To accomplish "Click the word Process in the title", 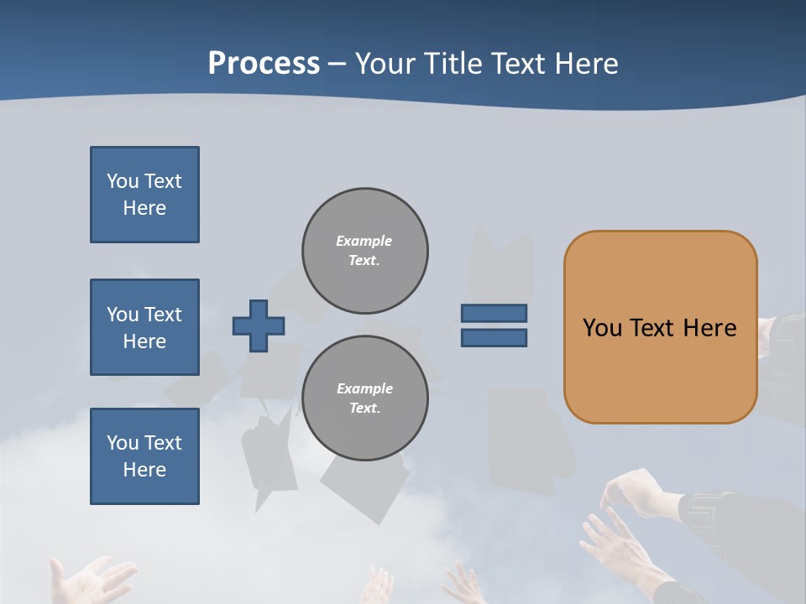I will pyautogui.click(x=264, y=64).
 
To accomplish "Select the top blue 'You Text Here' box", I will pyautogui.click(x=144, y=195).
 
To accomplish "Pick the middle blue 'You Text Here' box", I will pyautogui.click(x=144, y=327).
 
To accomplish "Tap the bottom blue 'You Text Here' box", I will pyautogui.click(x=144, y=456).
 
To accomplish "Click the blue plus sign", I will pyautogui.click(x=259, y=325).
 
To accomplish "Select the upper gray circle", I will pyautogui.click(x=364, y=251).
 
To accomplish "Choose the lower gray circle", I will pyautogui.click(x=364, y=398).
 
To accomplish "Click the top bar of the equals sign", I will pyautogui.click(x=494, y=314).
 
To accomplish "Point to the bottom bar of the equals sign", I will pyautogui.click(x=494, y=337).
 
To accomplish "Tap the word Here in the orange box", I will pyautogui.click(x=709, y=328).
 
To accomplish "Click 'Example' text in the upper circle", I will pyautogui.click(x=364, y=241).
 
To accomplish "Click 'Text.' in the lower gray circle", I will pyautogui.click(x=364, y=409).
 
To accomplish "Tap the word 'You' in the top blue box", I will pyautogui.click(x=122, y=181).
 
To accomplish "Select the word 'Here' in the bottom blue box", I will pyautogui.click(x=144, y=470).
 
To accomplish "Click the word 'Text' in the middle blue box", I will pyautogui.click(x=163, y=315).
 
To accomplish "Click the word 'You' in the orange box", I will pyautogui.click(x=602, y=328).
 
